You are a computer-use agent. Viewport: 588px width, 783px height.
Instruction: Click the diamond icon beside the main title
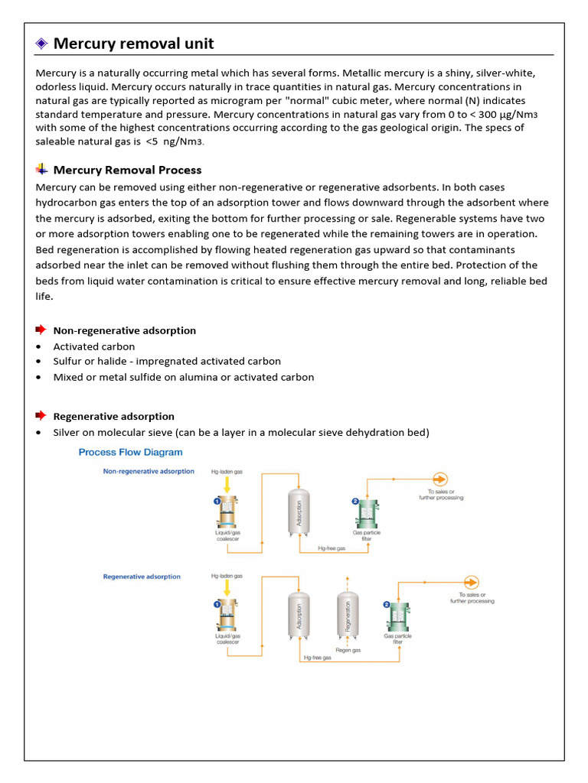42,44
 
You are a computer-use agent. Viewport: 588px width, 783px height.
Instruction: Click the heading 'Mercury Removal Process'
127,170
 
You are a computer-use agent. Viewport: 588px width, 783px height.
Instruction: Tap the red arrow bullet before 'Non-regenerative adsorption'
41,330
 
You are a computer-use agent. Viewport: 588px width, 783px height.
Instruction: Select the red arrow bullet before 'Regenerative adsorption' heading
41,415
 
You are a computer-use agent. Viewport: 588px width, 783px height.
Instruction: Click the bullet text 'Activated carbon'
93,346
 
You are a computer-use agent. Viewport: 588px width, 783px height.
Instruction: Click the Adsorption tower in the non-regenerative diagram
298,511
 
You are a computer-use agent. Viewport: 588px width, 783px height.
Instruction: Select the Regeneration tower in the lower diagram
348,616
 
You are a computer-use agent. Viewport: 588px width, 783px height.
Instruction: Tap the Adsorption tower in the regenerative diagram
299,616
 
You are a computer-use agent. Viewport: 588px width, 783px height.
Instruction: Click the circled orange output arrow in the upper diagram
440,478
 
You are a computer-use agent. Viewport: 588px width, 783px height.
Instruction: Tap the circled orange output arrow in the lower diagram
472,581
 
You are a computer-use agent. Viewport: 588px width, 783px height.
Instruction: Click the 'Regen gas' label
348,651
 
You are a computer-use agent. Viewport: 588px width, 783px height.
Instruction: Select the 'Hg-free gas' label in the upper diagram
332,547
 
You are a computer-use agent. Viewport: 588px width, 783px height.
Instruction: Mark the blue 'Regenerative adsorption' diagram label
142,576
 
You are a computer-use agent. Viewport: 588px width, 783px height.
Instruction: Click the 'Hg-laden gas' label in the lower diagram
227,575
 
